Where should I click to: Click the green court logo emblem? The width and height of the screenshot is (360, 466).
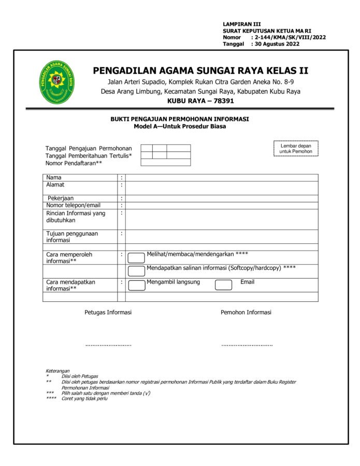point(57,82)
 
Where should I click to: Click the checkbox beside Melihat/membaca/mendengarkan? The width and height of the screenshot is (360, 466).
point(136,258)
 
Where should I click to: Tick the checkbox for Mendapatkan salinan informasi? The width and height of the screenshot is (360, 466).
point(136,271)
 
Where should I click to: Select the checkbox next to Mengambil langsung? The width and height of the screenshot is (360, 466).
point(136,285)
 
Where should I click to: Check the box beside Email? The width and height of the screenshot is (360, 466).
point(223,285)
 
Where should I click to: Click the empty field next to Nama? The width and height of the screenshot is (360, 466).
point(222,178)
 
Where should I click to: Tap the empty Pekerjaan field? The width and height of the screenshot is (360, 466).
point(222,198)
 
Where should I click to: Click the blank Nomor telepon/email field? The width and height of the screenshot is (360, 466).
point(222,206)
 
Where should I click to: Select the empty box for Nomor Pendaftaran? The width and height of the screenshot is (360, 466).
point(166,163)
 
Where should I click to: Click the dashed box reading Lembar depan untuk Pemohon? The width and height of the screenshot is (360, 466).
point(296,149)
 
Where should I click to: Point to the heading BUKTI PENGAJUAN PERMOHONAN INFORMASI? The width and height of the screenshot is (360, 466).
point(180,119)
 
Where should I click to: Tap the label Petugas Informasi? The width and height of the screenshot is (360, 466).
point(108,312)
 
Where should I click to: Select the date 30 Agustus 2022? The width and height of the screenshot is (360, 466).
point(277,44)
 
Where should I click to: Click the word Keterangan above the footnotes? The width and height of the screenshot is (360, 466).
point(57,371)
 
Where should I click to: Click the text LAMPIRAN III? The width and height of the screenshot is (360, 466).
point(242,24)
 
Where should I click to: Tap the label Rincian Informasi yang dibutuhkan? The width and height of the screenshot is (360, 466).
point(76,216)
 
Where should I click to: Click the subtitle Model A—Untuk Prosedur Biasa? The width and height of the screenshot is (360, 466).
point(180,126)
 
